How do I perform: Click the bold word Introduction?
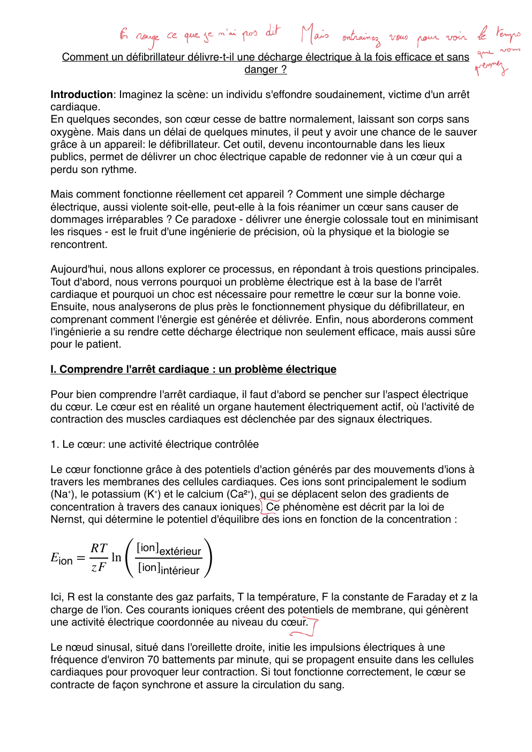[x=81, y=95]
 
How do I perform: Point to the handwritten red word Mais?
[x=314, y=34]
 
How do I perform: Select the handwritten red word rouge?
[x=147, y=37]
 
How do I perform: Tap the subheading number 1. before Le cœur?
[x=55, y=445]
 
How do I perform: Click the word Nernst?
[x=68, y=520]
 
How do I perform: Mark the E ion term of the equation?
[x=61, y=559]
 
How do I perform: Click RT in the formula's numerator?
[x=99, y=548]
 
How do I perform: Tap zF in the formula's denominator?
[x=99, y=567]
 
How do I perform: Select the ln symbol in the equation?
[x=116, y=558]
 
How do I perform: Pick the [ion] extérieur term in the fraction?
[x=169, y=549]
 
